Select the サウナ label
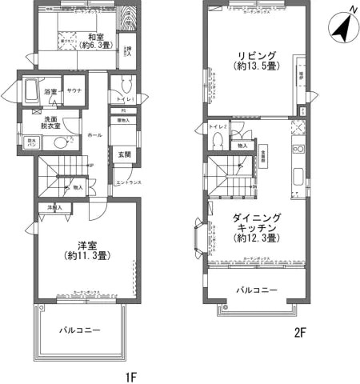pos(74,92)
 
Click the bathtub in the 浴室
pos(31,90)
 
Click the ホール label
pos(94,134)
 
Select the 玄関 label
pos(125,154)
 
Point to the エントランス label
pos(129,183)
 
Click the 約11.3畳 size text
pos(87,256)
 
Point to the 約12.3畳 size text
pos(256,238)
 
